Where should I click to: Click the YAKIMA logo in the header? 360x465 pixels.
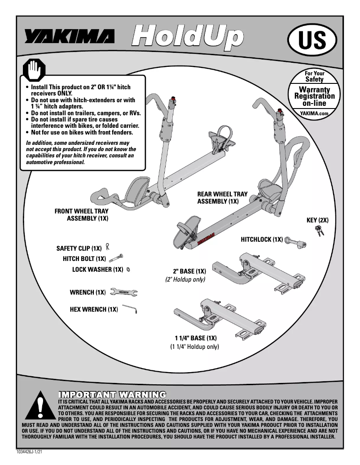tap(69, 37)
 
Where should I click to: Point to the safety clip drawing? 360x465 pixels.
tap(108, 246)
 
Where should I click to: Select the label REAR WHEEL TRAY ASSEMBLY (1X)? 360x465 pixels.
tap(222, 198)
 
